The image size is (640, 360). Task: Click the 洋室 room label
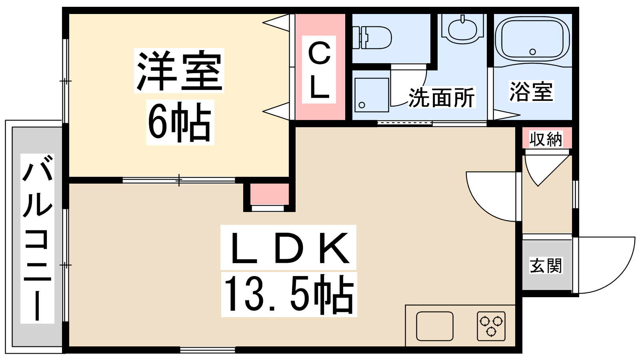click(180, 70)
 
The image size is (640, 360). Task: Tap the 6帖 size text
click(180, 122)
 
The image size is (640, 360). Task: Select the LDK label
click(288, 248)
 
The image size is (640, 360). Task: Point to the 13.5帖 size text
click(289, 294)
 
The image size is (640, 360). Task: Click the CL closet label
click(319, 70)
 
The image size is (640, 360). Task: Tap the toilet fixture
click(372, 38)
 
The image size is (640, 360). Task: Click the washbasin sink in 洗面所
click(462, 28)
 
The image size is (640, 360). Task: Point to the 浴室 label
click(532, 92)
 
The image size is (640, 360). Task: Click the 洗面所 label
click(442, 98)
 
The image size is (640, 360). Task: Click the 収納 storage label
click(546, 139)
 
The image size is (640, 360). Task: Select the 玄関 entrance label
click(546, 266)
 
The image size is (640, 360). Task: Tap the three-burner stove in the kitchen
click(491, 326)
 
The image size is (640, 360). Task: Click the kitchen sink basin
click(434, 326)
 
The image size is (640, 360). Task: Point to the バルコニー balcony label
click(38, 238)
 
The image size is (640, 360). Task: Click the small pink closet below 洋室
click(270, 194)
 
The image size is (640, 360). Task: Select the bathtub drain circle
click(532, 52)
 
